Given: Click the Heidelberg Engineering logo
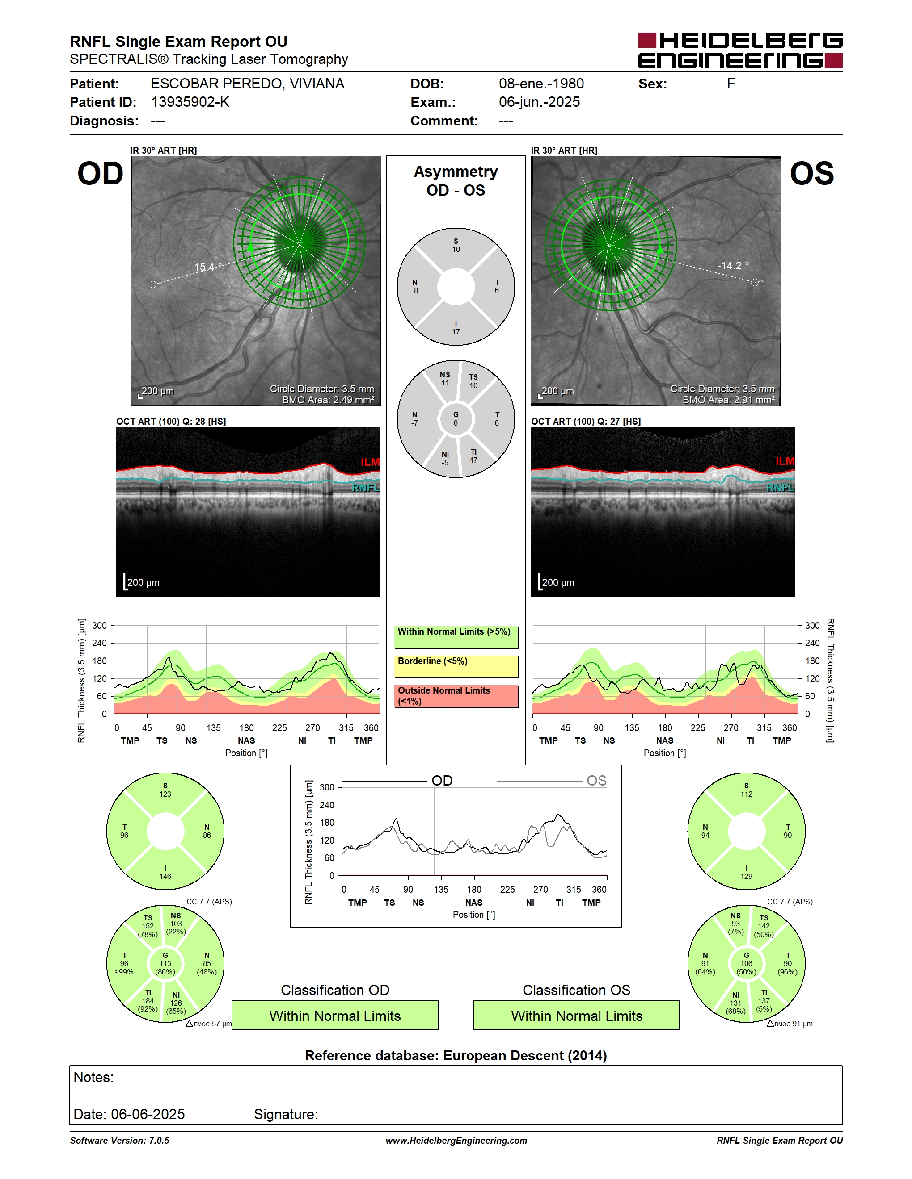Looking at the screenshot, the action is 740,51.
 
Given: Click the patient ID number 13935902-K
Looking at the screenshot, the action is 190,102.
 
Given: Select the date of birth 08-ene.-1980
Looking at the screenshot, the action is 541,84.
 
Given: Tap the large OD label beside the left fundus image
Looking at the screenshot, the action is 101,174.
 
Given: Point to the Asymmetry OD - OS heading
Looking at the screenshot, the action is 456,181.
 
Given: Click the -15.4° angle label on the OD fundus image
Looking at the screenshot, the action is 205,267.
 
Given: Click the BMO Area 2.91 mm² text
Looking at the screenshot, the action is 728,400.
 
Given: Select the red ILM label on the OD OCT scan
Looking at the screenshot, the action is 370,462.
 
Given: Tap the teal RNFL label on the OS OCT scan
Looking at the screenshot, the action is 781,488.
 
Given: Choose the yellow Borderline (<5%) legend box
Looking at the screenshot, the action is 456,666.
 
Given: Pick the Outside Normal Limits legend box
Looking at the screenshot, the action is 456,696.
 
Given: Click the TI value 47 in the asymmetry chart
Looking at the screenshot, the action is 473,460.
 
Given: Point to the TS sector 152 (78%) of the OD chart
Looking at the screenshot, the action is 148,926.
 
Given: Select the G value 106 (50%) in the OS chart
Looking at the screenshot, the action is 746,964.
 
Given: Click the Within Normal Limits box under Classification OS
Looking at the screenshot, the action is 577,1016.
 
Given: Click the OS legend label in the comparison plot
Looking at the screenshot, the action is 596,781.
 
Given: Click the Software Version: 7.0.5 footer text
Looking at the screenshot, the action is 119,1141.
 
